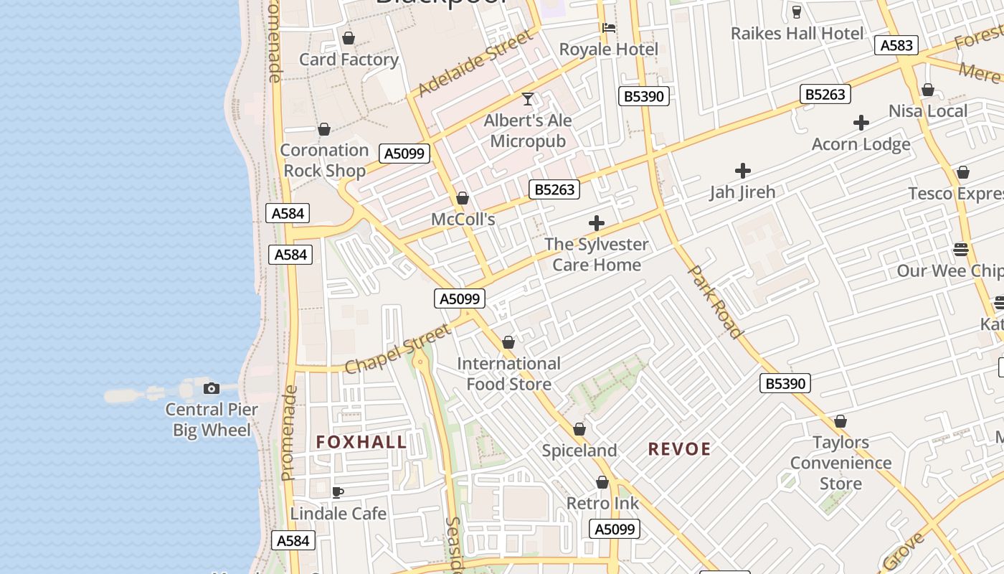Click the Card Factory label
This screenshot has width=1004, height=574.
click(x=349, y=60)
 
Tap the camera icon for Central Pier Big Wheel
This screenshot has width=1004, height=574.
click(x=212, y=388)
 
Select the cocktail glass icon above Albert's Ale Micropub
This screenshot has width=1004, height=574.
click(x=528, y=99)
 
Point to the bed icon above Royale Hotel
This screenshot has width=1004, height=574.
click(x=609, y=28)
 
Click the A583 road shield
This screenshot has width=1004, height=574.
click(x=896, y=46)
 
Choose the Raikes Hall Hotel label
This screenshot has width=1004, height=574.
click(x=797, y=33)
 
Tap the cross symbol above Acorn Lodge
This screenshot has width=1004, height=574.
click(x=861, y=123)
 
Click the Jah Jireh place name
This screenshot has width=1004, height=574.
click(x=742, y=192)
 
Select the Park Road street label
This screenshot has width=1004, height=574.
click(x=714, y=301)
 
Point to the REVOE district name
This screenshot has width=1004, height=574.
click(x=679, y=449)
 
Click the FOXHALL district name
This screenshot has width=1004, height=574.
click(x=361, y=442)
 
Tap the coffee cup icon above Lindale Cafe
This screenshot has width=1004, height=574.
click(x=338, y=492)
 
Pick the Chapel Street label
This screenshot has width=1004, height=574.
click(x=398, y=349)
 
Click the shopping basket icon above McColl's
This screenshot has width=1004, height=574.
click(x=463, y=198)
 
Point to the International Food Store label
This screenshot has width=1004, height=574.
click(x=508, y=374)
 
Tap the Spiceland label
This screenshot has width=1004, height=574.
click(x=579, y=451)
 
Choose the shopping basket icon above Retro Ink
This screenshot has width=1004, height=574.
click(x=602, y=483)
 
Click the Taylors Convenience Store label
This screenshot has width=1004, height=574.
click(x=840, y=463)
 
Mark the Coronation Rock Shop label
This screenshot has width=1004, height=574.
click(x=324, y=160)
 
